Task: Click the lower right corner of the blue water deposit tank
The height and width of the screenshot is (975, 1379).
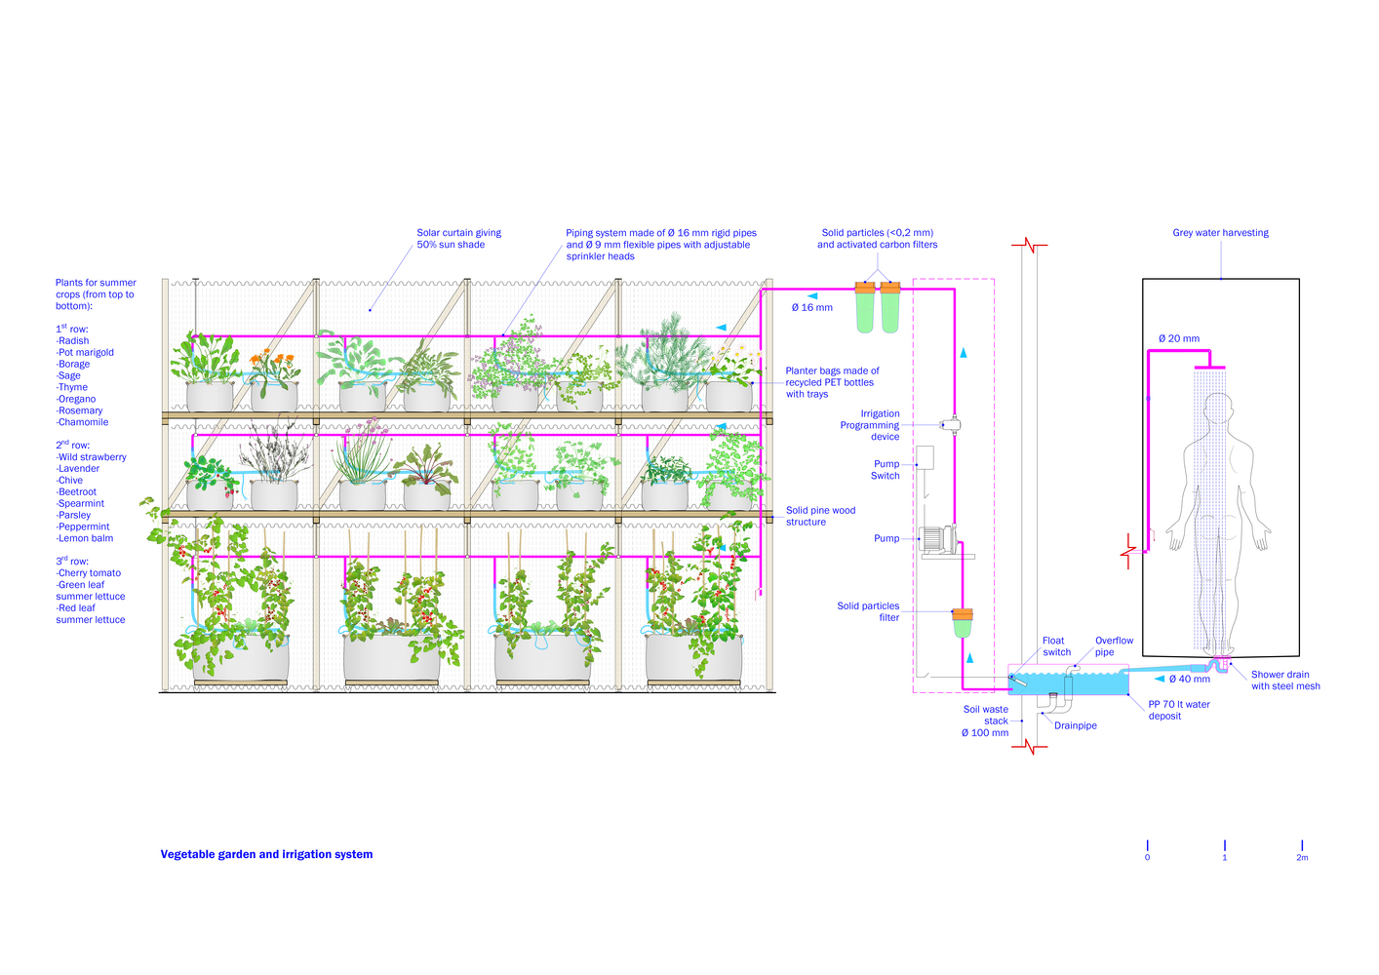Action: click(x=1128, y=694)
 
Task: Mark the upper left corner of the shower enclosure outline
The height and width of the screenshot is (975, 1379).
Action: click(x=1143, y=279)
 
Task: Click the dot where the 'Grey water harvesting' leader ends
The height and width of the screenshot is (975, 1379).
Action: click(x=1221, y=279)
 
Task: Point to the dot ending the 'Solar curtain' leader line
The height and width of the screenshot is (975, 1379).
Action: click(x=370, y=310)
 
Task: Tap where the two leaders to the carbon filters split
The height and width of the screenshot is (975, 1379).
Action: click(x=878, y=270)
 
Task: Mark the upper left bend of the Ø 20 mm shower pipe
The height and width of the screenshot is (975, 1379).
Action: click(x=1149, y=351)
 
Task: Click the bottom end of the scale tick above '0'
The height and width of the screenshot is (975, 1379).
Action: click(x=1148, y=851)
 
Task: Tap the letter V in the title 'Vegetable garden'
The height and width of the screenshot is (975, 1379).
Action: click(x=165, y=854)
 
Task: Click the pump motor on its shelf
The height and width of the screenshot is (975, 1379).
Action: click(x=937, y=540)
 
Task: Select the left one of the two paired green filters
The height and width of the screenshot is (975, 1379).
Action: click(x=865, y=308)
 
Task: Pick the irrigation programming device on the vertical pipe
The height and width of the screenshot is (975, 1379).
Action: click(x=952, y=425)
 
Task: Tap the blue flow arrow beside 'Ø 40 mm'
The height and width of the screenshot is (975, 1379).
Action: click(x=1160, y=679)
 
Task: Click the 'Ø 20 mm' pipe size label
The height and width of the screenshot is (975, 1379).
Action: click(x=1179, y=338)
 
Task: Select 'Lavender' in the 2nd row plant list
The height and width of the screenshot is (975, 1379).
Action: click(x=78, y=468)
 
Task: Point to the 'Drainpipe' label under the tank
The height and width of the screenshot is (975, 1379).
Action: click(x=1076, y=725)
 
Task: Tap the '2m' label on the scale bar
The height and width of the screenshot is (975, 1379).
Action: click(x=1302, y=857)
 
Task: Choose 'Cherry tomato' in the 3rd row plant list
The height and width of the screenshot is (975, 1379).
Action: click(x=89, y=573)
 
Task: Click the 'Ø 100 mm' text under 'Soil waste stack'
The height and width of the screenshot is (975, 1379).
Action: click(x=985, y=732)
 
